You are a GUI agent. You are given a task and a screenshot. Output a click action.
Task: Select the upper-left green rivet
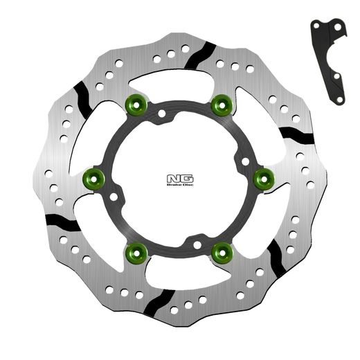pos(134,105)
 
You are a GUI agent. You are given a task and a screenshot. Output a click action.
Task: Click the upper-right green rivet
pos(222,105)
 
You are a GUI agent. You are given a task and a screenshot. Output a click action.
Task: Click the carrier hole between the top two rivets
pos(161,111)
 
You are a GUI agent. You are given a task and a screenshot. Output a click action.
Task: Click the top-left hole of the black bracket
pos(316,26)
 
